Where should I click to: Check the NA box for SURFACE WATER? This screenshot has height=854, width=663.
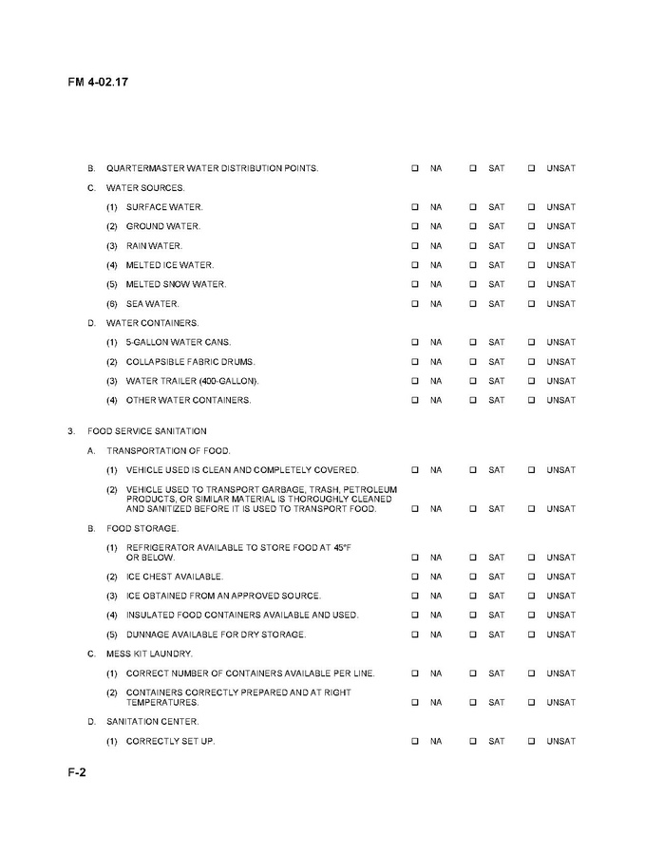415,207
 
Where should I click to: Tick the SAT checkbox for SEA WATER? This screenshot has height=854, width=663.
472,304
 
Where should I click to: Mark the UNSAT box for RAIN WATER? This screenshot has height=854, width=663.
532,246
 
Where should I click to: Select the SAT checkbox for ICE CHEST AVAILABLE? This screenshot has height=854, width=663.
472,577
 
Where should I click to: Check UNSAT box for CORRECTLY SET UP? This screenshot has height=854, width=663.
532,741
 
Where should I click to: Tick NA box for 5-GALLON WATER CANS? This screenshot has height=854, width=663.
415,342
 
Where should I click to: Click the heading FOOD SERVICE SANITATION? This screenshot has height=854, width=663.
146,431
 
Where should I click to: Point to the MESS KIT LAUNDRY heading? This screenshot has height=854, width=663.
149,654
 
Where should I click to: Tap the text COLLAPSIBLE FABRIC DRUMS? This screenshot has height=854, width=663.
190,362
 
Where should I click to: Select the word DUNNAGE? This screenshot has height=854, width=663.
146,635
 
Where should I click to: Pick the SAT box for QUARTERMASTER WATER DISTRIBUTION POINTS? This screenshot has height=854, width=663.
472,168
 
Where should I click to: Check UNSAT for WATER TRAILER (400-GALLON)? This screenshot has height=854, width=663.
532,381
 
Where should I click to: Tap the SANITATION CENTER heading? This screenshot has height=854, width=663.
152,722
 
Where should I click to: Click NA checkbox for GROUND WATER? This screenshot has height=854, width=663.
415,226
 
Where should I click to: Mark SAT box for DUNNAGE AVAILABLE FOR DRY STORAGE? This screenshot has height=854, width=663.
472,635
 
